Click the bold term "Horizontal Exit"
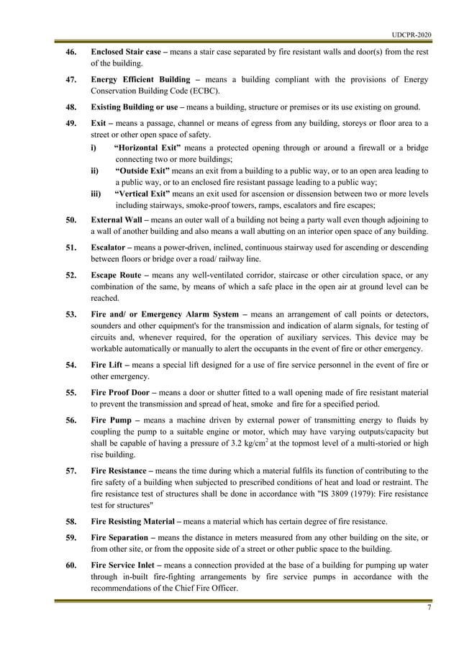coord(142,147)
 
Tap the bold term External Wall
coord(118,219)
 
